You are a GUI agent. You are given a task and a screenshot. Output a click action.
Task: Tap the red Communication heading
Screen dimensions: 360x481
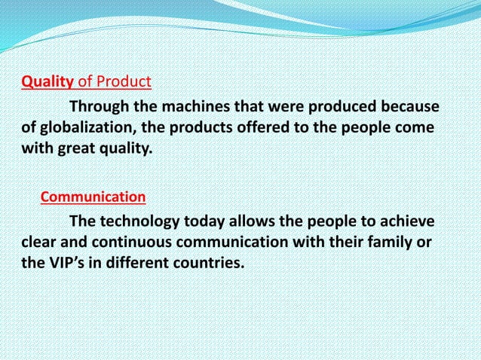(x=93, y=197)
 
